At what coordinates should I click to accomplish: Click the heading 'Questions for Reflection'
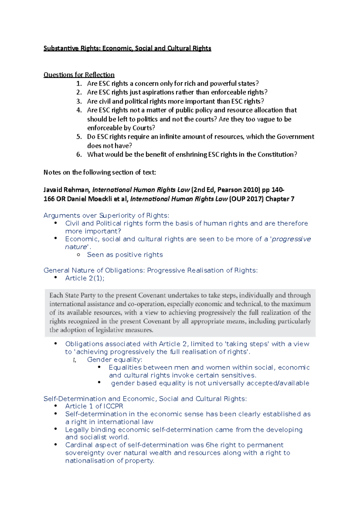(79, 75)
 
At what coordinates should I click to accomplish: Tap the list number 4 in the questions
(79, 110)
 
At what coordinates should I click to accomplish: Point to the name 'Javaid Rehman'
(66, 190)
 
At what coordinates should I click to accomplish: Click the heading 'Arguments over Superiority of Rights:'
(106, 216)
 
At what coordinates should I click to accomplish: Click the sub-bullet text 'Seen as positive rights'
(125, 255)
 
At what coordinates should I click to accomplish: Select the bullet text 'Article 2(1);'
(85, 278)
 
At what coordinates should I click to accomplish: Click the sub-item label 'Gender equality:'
(115, 360)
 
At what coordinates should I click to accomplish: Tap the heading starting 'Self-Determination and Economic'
(145, 399)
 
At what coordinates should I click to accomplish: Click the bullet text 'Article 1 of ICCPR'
(94, 406)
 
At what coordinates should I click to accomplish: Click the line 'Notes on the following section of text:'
(100, 172)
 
